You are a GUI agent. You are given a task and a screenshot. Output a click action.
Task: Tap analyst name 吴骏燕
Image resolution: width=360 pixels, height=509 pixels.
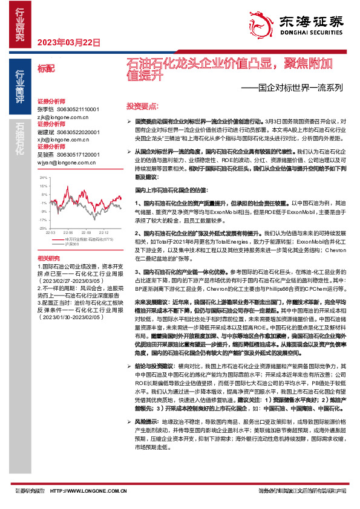[x=46, y=155]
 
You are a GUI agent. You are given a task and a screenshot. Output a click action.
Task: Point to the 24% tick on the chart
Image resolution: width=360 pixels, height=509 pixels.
[x=43, y=178]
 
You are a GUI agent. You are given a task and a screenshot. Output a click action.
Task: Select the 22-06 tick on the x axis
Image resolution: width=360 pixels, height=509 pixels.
[x=68, y=232]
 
